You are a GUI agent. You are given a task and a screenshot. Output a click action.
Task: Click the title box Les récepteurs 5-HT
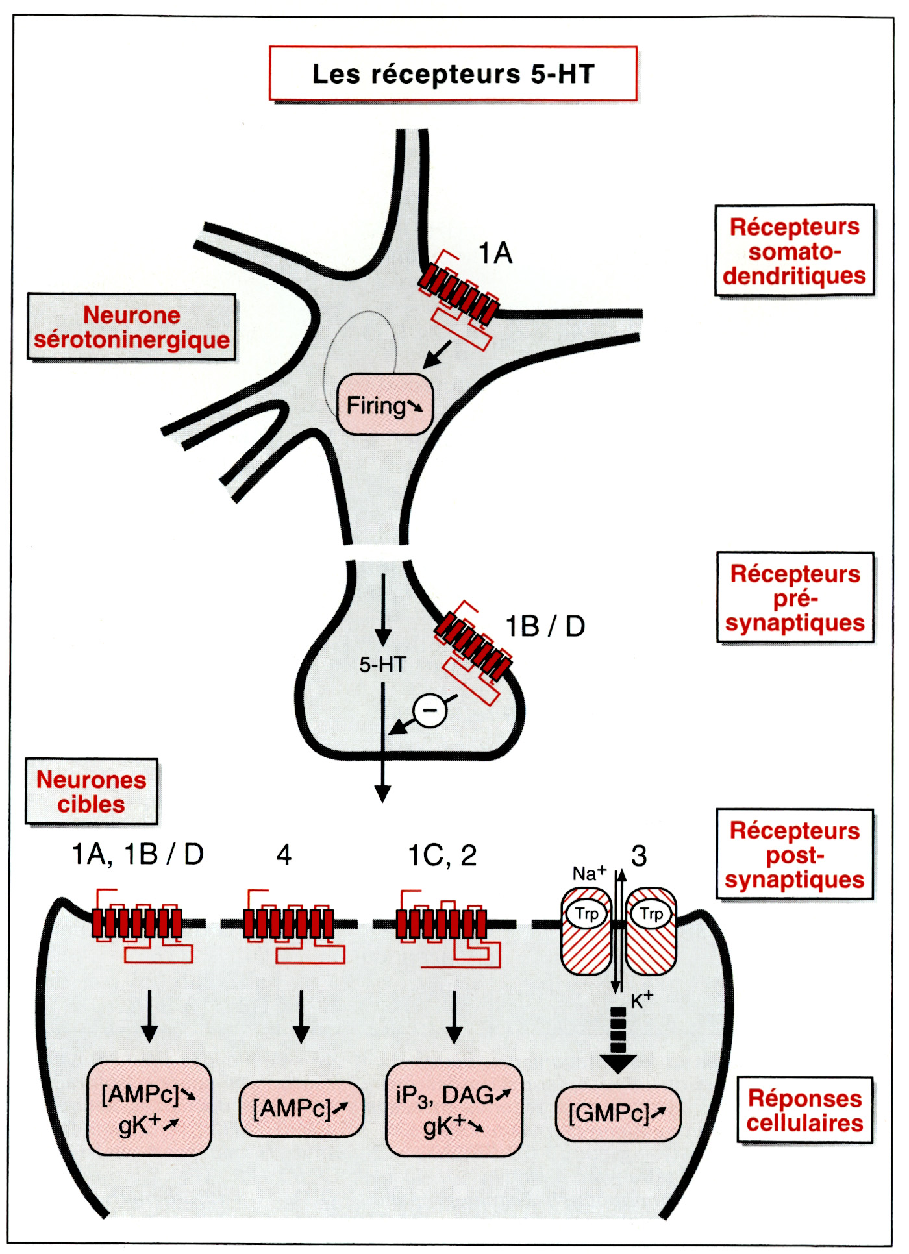453,73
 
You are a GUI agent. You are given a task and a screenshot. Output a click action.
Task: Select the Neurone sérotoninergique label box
131,327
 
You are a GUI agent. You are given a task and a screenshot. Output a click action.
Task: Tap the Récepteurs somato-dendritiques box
794,251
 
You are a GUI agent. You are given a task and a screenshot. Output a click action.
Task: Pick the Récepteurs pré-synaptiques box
795,598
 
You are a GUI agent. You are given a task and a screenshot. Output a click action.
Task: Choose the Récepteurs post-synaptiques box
794,854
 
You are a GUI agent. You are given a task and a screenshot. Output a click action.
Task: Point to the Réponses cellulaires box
804,1110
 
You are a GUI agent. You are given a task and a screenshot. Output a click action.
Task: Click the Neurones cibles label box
92,791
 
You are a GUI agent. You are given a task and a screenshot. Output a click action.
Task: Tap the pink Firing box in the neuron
384,405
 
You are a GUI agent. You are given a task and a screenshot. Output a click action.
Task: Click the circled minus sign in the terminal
430,710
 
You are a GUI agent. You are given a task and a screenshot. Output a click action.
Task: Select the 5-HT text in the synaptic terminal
383,665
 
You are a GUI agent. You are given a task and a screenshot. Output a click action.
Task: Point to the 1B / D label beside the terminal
545,626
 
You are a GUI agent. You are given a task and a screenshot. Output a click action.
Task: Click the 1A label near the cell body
495,253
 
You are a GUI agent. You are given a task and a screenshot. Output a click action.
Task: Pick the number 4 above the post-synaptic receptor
284,855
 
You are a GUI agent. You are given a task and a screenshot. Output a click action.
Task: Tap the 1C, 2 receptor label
442,855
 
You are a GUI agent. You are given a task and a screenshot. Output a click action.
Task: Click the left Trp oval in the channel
586,915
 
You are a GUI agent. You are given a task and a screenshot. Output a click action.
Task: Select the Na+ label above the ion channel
589,874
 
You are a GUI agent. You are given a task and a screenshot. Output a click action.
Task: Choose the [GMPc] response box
618,1114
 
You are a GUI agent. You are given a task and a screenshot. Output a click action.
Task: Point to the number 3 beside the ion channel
639,857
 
